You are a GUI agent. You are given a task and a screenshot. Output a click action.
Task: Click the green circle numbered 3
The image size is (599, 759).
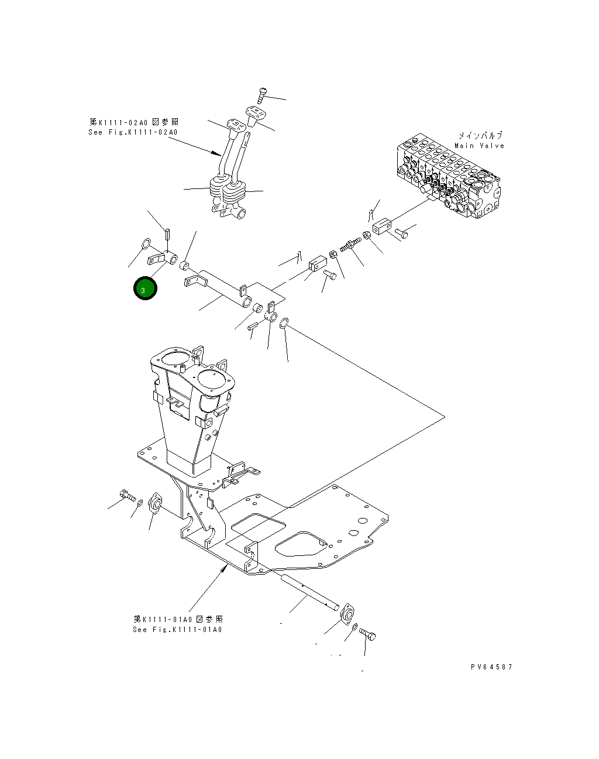(x=144, y=289)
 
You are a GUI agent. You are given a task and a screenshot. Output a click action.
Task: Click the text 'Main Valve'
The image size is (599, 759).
(x=479, y=146)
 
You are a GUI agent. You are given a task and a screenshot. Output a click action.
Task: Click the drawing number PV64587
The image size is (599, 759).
(x=491, y=667)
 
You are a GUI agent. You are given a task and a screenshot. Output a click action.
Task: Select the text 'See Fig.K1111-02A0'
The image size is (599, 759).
(x=133, y=132)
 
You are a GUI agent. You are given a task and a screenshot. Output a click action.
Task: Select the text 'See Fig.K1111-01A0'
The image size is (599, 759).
(x=177, y=629)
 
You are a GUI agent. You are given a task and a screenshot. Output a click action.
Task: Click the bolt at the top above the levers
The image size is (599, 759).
(x=261, y=95)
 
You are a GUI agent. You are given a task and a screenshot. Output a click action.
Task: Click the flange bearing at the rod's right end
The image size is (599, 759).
(x=347, y=615)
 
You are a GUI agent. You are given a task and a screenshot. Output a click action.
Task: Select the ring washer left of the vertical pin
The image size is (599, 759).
(x=146, y=243)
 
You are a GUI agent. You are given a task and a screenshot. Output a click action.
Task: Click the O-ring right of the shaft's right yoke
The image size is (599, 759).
(x=284, y=322)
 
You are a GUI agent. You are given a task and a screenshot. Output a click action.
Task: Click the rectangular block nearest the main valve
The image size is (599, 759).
(x=381, y=226)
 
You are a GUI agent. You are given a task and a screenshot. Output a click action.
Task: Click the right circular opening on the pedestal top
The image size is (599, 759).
(x=214, y=376)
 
